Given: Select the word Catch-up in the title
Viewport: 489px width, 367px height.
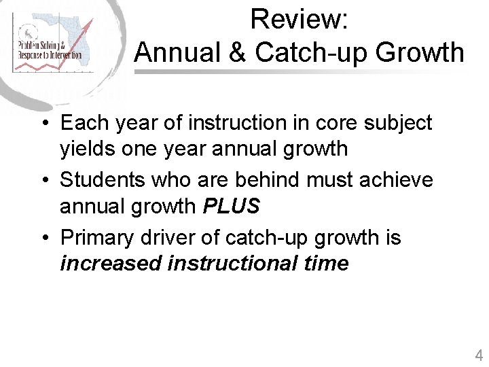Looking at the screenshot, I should pos(313,52).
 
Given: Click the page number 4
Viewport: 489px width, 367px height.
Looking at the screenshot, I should pos(479,355).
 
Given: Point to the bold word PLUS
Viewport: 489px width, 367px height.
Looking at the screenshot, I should pos(232,206).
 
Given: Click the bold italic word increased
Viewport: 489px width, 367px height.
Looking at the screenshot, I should pos(111,263).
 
